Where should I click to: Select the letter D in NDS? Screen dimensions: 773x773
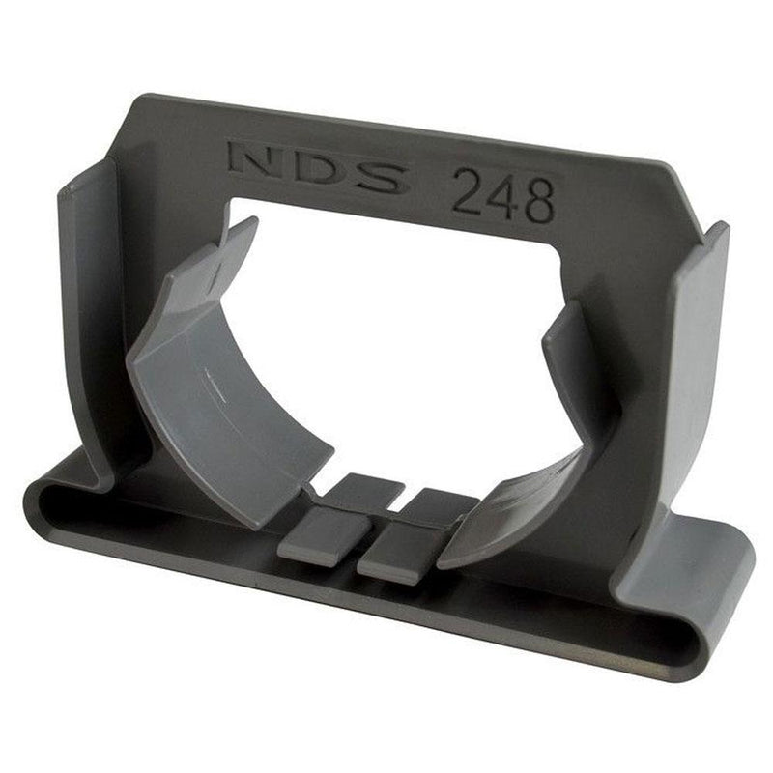[x=311, y=170]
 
